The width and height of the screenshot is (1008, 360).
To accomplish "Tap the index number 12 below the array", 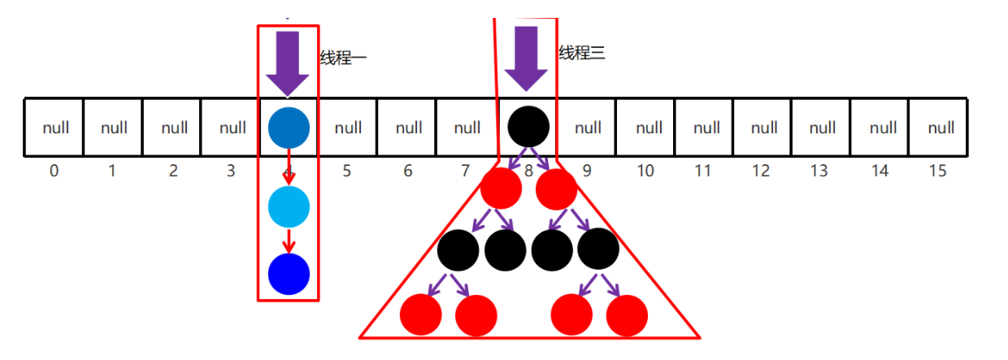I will pos(762,171).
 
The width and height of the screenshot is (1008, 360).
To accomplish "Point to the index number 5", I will pos(347,171).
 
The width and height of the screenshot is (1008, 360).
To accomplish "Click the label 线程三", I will pos(582,54).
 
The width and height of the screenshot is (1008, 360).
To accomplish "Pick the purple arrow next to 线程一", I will pos(288,64).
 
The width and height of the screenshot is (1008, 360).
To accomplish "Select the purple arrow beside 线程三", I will pos(526,59).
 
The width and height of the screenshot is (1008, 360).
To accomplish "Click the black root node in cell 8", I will pos(528,128).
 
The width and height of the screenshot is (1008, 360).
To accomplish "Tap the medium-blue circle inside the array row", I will pos(289,128).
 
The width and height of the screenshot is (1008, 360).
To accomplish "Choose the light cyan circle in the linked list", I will pos(289,206).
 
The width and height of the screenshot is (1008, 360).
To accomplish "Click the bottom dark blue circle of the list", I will pos(289,274).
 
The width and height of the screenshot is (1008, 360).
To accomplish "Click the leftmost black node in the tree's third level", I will pos(458,249).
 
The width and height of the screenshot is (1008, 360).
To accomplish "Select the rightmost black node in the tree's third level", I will pos(599,249).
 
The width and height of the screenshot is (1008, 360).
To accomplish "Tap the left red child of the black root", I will pos(501,189).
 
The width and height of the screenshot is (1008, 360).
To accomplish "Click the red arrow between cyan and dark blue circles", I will pos(289,241).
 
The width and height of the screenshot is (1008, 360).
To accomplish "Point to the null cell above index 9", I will pos(587,128).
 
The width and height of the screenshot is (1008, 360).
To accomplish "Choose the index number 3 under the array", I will pos(231,171).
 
